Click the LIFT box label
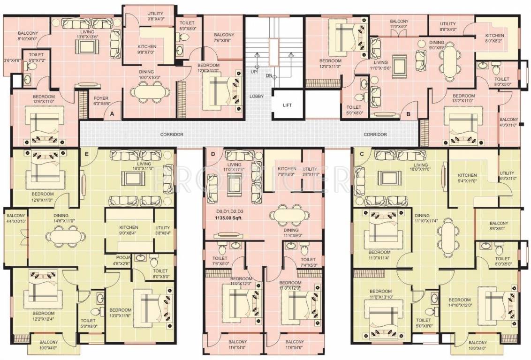(288, 105)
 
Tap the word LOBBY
(256, 96)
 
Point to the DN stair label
(269, 75)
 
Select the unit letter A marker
(112, 113)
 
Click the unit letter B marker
(409, 113)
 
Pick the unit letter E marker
(86, 153)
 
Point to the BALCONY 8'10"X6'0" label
(28, 36)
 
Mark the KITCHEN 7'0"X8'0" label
(287, 171)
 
